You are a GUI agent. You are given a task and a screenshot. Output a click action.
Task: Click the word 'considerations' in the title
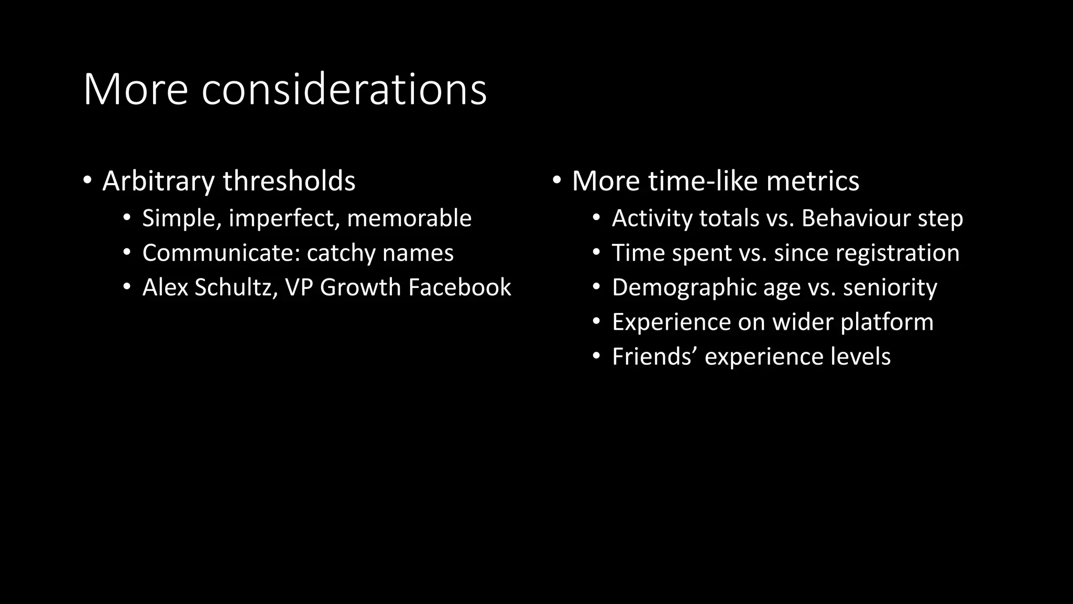pyautogui.click(x=344, y=90)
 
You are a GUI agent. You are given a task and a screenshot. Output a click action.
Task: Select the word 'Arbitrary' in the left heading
pyautogui.click(x=158, y=181)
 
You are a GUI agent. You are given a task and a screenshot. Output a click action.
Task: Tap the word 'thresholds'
pyautogui.click(x=289, y=181)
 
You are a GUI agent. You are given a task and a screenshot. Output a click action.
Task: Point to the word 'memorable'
pyautogui.click(x=409, y=219)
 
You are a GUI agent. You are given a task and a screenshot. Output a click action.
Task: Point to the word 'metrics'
pyautogui.click(x=813, y=181)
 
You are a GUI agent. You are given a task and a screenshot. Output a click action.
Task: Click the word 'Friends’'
pyautogui.click(x=654, y=357)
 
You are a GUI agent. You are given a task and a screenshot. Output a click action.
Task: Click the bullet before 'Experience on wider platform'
pyautogui.click(x=596, y=322)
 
